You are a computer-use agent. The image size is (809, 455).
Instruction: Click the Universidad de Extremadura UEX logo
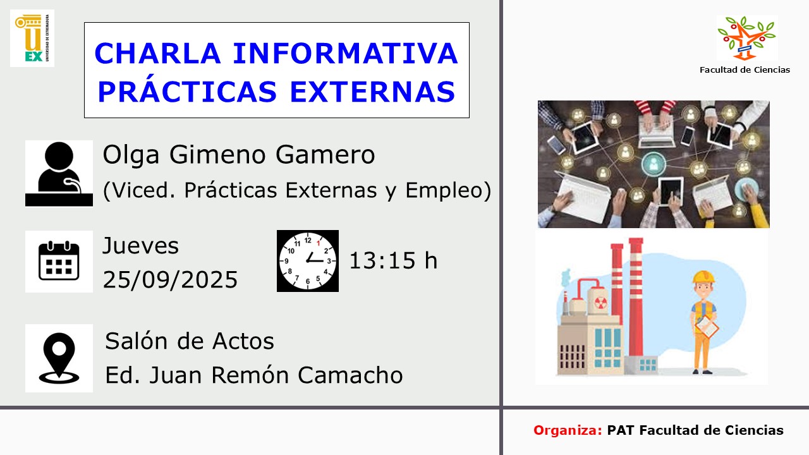pyautogui.click(x=32, y=38)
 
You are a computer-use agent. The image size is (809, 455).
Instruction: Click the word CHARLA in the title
pyautogui.click(x=157, y=54)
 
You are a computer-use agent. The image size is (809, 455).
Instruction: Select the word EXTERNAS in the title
pyautogui.click(x=372, y=92)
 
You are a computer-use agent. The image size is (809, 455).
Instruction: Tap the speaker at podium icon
pyautogui.click(x=59, y=174)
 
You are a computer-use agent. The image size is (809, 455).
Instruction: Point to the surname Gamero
pyautogui.click(x=325, y=155)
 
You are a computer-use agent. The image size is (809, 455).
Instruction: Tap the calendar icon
pyautogui.click(x=59, y=261)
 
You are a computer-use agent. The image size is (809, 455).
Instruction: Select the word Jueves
pyautogui.click(x=140, y=246)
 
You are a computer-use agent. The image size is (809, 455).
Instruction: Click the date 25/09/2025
pyautogui.click(x=170, y=279)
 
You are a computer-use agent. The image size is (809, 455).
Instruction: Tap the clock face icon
pyautogui.click(x=308, y=261)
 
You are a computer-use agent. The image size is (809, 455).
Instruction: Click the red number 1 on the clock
pyautogui.click(x=318, y=243)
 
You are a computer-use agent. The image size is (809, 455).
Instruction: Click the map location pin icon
pyautogui.click(x=59, y=358)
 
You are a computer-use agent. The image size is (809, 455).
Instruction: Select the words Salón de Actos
pyautogui.click(x=190, y=341)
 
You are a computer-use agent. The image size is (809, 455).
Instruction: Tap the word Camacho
pyautogui.click(x=350, y=375)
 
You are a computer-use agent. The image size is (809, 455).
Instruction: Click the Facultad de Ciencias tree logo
pyautogui.click(x=746, y=38)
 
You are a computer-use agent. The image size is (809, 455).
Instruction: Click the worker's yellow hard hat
pyautogui.click(x=703, y=277)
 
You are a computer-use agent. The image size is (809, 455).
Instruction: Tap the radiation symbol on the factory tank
pyautogui.click(x=600, y=303)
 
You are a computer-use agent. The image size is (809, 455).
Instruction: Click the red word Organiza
pyautogui.click(x=568, y=430)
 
